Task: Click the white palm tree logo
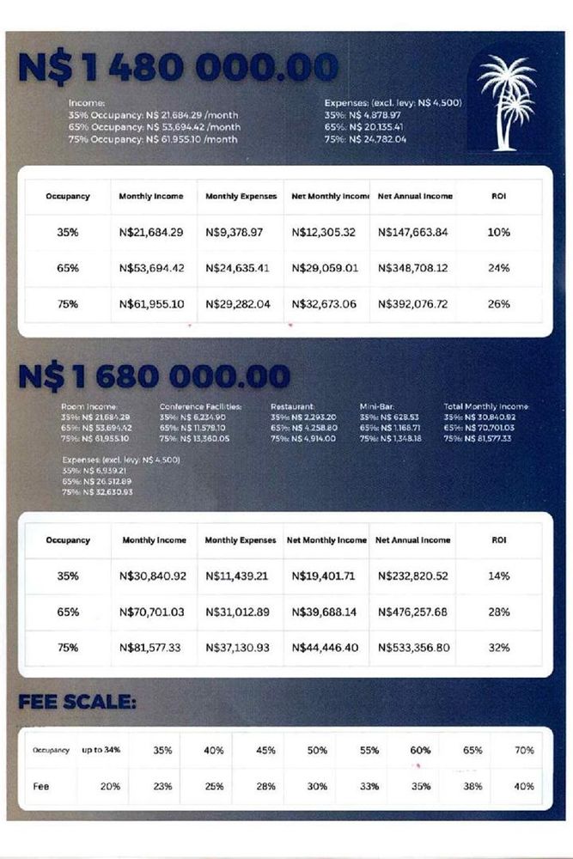click(507, 101)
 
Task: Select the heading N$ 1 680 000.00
click(154, 376)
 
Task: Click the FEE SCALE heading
click(77, 702)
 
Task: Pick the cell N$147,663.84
click(412, 232)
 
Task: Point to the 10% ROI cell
click(498, 232)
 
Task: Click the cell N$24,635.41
click(237, 268)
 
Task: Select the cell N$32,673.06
click(325, 303)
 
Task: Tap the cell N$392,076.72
click(412, 303)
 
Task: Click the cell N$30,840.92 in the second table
click(154, 576)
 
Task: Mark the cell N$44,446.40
click(326, 647)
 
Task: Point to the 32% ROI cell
click(499, 647)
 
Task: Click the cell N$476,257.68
click(412, 612)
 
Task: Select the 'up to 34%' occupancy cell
click(101, 750)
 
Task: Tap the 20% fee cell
click(110, 786)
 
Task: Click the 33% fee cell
click(369, 786)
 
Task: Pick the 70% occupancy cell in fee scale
click(524, 750)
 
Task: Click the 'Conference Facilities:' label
click(200, 406)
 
